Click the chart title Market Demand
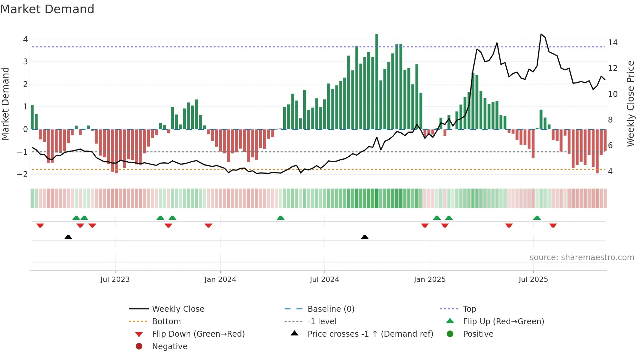click(x=47, y=9)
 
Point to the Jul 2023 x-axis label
click(x=115, y=280)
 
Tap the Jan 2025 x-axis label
click(x=429, y=280)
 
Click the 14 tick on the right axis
click(x=612, y=42)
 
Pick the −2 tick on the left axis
click(x=23, y=174)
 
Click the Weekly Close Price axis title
click(x=630, y=103)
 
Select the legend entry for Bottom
click(x=166, y=321)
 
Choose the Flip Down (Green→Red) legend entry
click(x=198, y=334)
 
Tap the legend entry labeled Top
click(x=469, y=309)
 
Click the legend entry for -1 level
click(x=322, y=321)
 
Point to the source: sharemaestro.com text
click(x=582, y=257)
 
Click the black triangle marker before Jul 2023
click(x=68, y=237)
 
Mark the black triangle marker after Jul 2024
click(x=364, y=237)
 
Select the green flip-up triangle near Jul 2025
click(x=537, y=218)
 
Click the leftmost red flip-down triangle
click(x=40, y=225)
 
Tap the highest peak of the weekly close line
click(x=541, y=34)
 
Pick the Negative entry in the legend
click(x=170, y=346)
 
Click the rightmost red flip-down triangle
click(x=553, y=225)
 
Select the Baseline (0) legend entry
click(x=331, y=309)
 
